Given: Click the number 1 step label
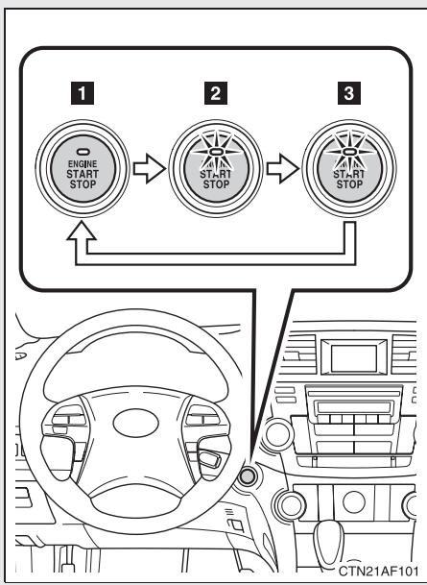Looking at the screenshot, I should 74,95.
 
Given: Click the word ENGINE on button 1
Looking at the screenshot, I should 74,166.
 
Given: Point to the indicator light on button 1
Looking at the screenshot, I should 74,154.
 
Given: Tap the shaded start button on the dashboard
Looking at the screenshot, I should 249,475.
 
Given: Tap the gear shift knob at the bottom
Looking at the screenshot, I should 347,557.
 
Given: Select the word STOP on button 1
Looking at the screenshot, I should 74,185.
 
